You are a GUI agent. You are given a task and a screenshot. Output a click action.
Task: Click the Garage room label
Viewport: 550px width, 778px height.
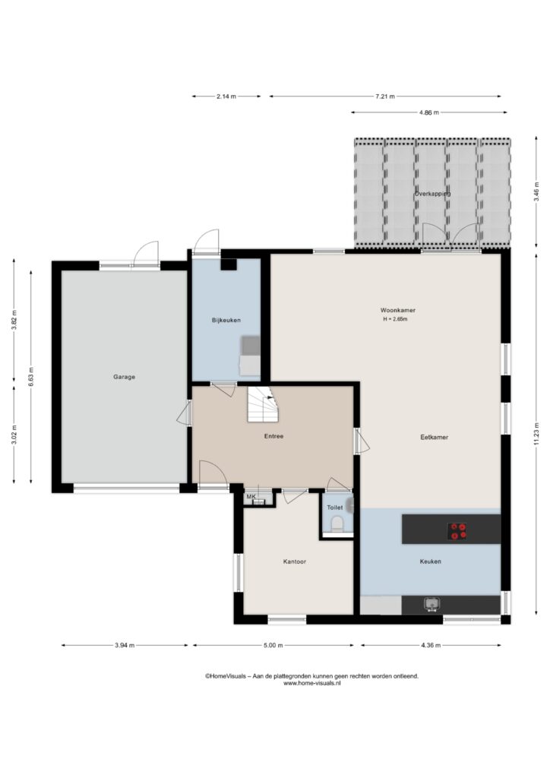(x=124, y=377)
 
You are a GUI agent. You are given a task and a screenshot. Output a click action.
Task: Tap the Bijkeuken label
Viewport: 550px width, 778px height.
(x=226, y=321)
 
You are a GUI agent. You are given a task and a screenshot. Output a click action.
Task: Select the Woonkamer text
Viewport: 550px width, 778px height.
(x=398, y=310)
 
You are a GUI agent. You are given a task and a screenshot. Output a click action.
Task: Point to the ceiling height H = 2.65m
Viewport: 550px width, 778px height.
(x=395, y=320)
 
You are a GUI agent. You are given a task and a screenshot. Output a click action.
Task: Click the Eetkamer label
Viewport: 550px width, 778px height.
(x=434, y=438)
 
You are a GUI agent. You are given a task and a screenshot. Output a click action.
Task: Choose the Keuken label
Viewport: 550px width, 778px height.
(x=430, y=561)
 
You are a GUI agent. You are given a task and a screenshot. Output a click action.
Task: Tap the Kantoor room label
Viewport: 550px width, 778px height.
(x=295, y=561)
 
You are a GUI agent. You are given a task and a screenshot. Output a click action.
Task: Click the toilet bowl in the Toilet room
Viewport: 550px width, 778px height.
(x=337, y=523)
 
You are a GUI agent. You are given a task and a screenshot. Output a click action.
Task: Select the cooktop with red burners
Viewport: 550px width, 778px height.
(x=458, y=531)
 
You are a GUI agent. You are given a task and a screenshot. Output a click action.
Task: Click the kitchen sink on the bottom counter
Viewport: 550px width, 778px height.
(x=431, y=604)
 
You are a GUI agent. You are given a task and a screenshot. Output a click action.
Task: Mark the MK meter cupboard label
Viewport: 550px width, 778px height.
(x=251, y=496)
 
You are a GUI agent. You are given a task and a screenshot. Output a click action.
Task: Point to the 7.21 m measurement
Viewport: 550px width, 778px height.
(x=385, y=96)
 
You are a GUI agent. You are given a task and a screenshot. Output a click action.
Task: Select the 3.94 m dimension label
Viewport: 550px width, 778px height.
(x=125, y=646)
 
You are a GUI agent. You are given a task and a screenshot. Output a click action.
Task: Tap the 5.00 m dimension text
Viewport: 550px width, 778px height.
(x=273, y=646)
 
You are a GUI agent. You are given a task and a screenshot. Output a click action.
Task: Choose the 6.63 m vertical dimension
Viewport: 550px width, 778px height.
(x=30, y=377)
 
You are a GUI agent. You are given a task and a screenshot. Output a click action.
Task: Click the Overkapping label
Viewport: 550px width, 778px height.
(x=432, y=194)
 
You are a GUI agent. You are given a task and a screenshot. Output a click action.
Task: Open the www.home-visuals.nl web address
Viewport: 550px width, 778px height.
(x=311, y=683)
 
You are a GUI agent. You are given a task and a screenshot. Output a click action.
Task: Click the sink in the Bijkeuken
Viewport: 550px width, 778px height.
(x=250, y=346)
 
